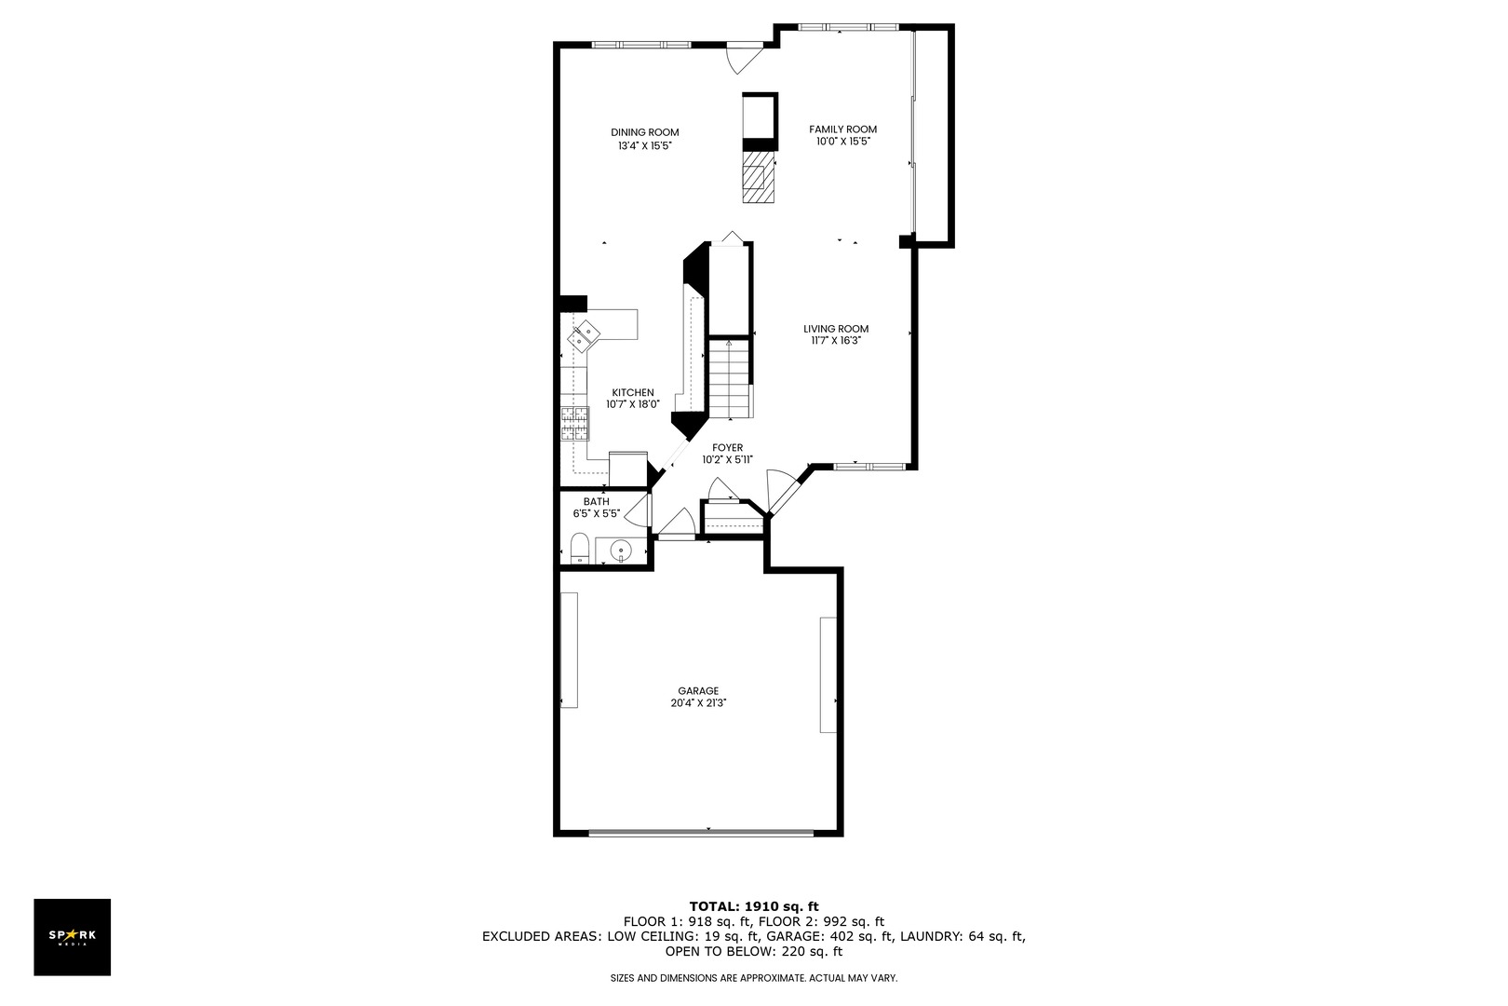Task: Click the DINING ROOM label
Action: click(644, 132)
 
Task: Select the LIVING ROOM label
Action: click(836, 329)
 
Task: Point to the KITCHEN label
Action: click(632, 393)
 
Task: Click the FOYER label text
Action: click(727, 448)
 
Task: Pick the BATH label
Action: click(596, 502)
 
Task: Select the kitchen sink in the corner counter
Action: click(586, 333)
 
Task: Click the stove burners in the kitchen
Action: click(574, 424)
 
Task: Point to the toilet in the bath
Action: click(578, 550)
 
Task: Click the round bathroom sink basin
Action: click(621, 552)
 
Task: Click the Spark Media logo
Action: click(72, 936)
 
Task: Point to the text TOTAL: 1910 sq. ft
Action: click(753, 905)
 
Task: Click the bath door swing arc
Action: click(638, 511)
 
